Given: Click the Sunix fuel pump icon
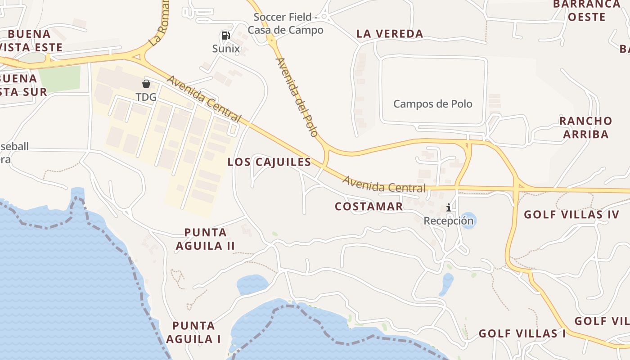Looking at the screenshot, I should pos(226,36).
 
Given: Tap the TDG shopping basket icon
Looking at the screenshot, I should pos(146,84).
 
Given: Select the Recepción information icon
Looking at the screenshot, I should pos(449,208).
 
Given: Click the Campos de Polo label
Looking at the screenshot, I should pos(433,104).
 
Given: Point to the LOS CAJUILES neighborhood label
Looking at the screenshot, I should pos(269,162).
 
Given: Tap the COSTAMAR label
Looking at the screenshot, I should pos(369,207).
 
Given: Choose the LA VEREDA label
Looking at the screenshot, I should pos(390,34).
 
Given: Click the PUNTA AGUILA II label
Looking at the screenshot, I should pos(206,239).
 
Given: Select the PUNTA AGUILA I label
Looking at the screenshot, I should pos(193,332).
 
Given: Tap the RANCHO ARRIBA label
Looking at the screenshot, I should pos(585,127).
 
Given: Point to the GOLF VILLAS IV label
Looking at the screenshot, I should pos(571,215).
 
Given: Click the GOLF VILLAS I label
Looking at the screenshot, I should pos(522,333).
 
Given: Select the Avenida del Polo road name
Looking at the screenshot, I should pos(297,97).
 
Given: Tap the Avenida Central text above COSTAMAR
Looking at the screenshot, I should pos(384,184).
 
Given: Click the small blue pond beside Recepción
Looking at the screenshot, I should pos(468,220).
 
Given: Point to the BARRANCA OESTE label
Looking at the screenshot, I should pos(586,11).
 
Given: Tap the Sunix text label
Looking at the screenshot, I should pos(226,49).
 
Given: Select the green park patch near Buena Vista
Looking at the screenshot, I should pos(60,78).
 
